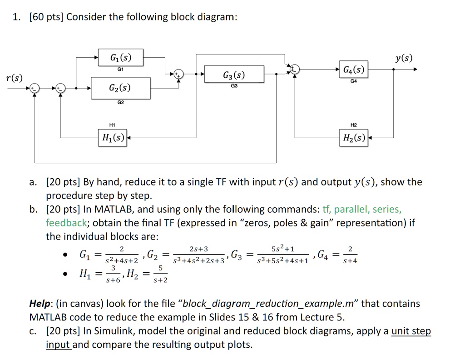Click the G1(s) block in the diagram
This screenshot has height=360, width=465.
[121, 57]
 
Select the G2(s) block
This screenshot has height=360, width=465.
[120, 88]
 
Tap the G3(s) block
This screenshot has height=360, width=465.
[234, 74]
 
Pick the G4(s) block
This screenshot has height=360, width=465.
[353, 70]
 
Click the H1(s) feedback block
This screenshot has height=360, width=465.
[113, 138]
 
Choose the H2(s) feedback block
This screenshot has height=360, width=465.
[353, 138]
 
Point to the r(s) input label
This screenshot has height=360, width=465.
[14, 78]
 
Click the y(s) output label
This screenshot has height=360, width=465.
[404, 58]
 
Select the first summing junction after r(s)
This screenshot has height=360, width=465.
[35, 88]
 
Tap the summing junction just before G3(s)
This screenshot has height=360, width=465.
[178, 74]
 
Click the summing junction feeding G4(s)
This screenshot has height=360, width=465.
[294, 70]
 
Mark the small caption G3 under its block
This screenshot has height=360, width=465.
[234, 86]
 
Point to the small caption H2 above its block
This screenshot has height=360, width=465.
[353, 125]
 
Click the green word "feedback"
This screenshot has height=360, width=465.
[66, 223]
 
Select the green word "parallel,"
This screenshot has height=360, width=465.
[351, 210]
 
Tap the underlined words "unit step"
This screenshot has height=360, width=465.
[411, 331]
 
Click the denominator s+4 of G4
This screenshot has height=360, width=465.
[350, 261]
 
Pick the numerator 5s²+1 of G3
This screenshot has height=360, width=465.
[283, 248]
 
